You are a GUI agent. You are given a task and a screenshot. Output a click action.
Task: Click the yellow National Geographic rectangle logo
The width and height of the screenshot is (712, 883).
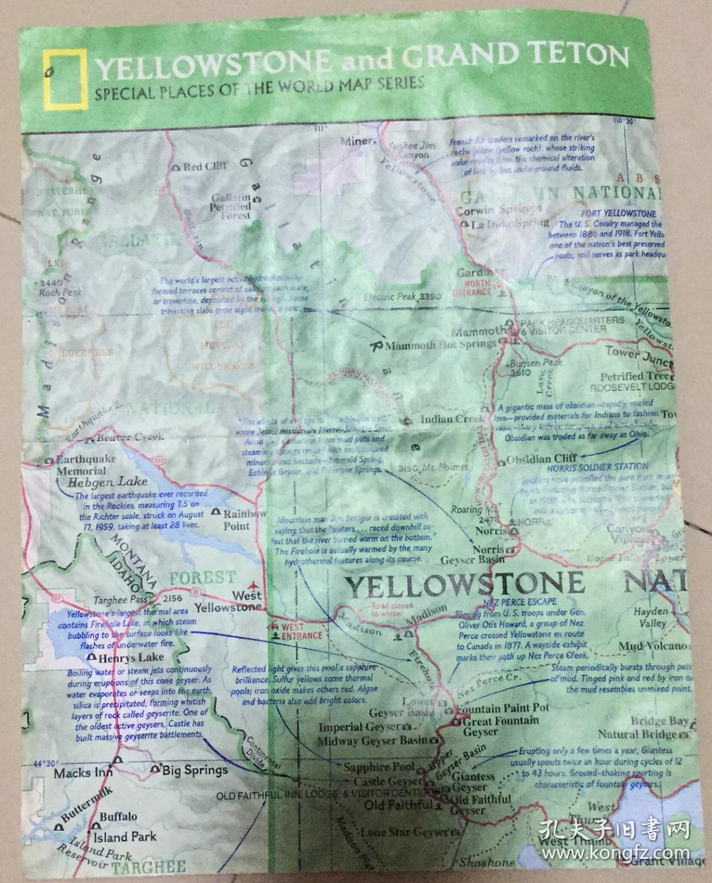[x=64, y=79]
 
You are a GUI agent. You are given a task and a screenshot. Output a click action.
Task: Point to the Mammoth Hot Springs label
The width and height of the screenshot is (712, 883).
[x=440, y=345]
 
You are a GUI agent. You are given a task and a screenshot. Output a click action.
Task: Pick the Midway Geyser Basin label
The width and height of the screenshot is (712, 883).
[x=371, y=741]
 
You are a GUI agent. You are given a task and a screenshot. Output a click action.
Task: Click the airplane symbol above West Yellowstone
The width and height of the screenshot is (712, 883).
[x=256, y=584]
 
